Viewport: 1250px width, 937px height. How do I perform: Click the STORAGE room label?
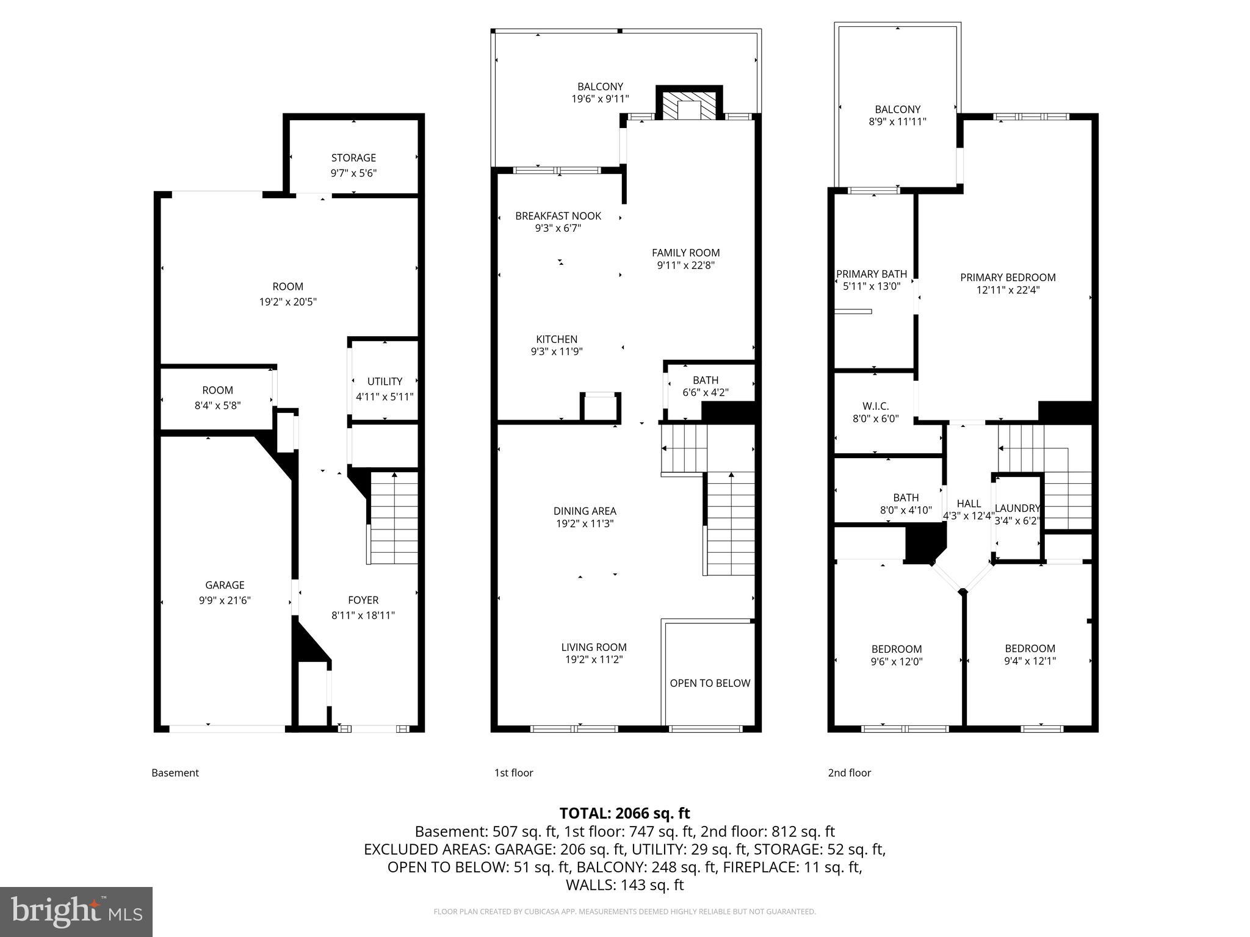point(353,158)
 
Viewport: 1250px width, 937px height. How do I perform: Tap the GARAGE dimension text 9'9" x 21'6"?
point(225,600)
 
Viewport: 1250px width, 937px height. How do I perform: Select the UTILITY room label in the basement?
point(385,381)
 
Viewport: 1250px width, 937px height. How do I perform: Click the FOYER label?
point(363,600)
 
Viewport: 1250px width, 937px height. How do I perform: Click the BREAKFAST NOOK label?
point(558,216)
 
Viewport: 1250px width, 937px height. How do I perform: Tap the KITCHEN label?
point(557,339)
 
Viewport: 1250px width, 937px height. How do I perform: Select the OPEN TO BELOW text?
point(710,683)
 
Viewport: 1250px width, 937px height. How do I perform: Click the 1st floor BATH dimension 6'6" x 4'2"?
point(706,393)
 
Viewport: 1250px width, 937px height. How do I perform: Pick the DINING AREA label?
point(585,511)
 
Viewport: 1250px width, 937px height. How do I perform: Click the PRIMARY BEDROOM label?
point(1008,278)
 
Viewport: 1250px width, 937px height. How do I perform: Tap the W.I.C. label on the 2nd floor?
point(875,406)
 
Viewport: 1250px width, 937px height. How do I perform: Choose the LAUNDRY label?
point(1017,508)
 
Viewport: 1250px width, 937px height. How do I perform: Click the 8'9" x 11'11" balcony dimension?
point(897,121)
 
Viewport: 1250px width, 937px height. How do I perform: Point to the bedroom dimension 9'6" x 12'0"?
point(896,661)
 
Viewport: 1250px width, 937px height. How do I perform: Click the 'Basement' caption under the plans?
point(175,773)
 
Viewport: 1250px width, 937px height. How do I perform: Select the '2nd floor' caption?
point(849,773)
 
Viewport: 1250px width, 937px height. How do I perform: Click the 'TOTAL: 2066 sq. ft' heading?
point(624,813)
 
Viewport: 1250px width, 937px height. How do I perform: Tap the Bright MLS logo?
point(76,911)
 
